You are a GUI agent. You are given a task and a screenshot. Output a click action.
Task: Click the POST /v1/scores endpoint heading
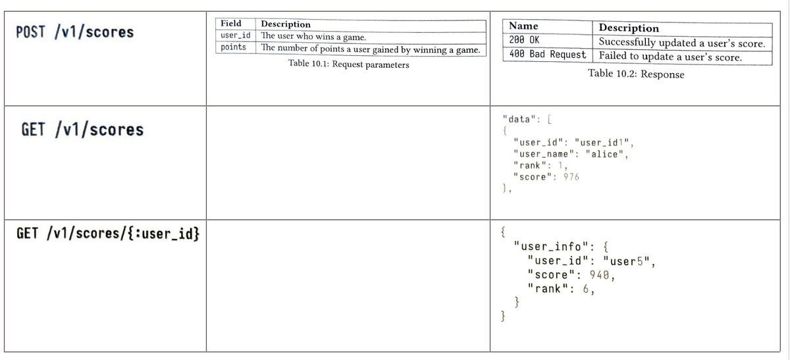click(75, 32)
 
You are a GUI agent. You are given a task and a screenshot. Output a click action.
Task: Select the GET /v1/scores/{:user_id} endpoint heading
click(108, 234)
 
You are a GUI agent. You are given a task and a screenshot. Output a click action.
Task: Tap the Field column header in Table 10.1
click(231, 24)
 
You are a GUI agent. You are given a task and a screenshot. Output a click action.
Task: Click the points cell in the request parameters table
click(233, 47)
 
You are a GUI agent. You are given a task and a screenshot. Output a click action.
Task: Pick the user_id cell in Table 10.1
click(235, 36)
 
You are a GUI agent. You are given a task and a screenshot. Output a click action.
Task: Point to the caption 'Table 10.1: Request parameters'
click(348, 64)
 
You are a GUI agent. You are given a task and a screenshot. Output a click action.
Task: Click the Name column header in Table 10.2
click(523, 26)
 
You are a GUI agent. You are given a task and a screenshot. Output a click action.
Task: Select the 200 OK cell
click(524, 40)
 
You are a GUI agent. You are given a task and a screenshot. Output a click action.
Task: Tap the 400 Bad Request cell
click(547, 55)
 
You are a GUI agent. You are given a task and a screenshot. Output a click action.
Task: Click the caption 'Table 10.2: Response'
click(636, 74)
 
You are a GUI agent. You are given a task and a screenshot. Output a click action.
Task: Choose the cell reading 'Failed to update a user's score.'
click(670, 57)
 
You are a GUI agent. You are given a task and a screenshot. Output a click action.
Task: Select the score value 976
click(571, 176)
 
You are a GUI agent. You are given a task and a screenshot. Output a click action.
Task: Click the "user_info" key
click(550, 246)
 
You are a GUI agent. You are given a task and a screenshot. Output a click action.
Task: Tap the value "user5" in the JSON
click(626, 261)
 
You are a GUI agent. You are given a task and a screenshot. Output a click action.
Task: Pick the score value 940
click(599, 275)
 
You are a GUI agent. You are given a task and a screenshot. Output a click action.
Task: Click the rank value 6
click(586, 289)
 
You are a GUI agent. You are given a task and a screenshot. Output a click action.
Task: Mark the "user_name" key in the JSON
click(541, 154)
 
